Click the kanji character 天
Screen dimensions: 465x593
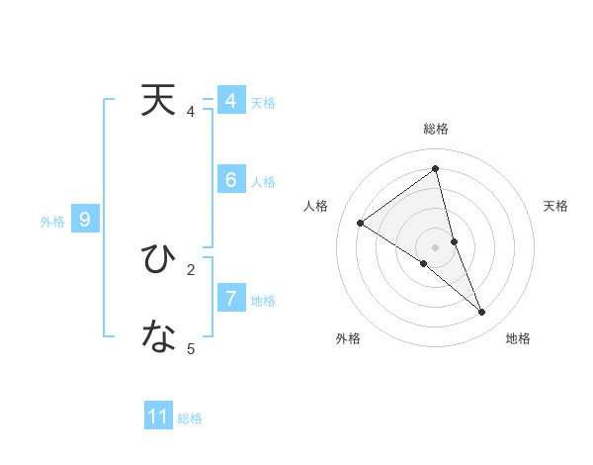pos(159,101)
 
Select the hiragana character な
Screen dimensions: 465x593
pos(159,337)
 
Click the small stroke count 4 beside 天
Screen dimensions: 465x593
pos(191,112)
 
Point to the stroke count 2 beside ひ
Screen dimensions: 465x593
pos(191,268)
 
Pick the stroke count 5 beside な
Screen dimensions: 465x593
pos(191,348)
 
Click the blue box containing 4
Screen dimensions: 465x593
pos(230,101)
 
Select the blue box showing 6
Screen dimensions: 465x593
pos(230,180)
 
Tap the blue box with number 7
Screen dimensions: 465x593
pos(230,298)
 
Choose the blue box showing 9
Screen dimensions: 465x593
pos(85,220)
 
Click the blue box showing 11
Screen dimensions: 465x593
pos(158,417)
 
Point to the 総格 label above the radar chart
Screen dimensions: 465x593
pos(436,129)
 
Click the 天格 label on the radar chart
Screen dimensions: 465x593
pos(556,206)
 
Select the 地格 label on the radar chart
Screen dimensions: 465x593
pos(518,338)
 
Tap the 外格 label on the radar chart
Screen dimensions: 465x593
pos(348,338)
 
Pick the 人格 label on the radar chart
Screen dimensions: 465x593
pos(315,206)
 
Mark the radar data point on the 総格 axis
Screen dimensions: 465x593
pos(436,169)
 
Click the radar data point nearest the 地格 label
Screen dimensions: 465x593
pos(482,312)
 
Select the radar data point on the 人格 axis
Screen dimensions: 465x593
pos(361,223)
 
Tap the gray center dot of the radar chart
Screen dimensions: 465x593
pos(436,247)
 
